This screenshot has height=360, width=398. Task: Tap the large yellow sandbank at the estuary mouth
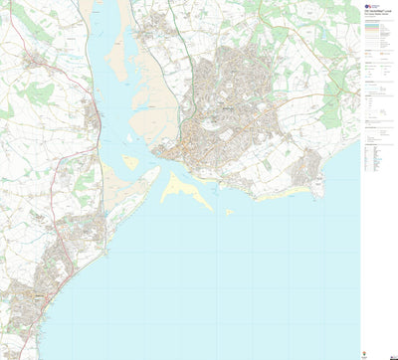pyautogui.click(x=185, y=188)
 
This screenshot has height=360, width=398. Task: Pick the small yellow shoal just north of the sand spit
pyautogui.click(x=130, y=161)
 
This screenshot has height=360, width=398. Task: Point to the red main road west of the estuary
pyautogui.click(x=71, y=80)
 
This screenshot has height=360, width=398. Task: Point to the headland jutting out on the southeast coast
pyautogui.click(x=316, y=165)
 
